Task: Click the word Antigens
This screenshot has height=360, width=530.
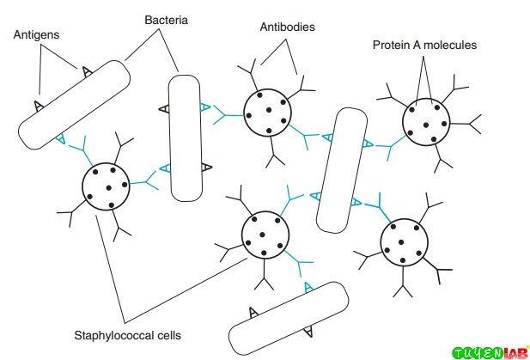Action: (x=35, y=35)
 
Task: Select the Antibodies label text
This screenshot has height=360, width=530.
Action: (x=287, y=27)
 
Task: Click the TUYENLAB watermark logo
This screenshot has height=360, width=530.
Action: (x=489, y=351)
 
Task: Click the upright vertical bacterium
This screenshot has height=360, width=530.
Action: (x=184, y=137)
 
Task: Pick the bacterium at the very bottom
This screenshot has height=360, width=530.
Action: (x=289, y=318)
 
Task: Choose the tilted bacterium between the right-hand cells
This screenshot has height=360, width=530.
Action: (x=341, y=170)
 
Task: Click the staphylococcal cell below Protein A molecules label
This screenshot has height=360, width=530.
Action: (x=426, y=121)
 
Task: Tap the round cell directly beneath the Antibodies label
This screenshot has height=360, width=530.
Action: (x=267, y=112)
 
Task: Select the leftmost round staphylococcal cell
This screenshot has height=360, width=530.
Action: (x=107, y=184)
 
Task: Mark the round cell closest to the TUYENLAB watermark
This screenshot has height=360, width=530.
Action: (x=403, y=242)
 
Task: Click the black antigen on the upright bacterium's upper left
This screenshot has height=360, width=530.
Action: (x=164, y=108)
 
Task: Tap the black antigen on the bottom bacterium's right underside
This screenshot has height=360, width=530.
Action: (x=309, y=329)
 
